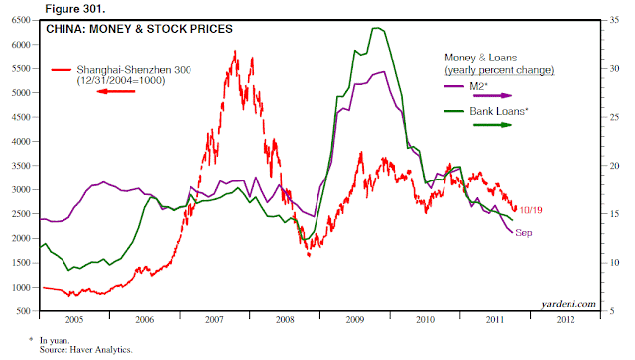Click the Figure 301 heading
(75, 9)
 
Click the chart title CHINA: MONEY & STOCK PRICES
(139, 29)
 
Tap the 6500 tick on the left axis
(21, 20)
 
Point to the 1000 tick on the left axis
(21, 288)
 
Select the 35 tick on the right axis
(614, 20)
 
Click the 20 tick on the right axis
(614, 166)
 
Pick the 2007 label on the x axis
(214, 320)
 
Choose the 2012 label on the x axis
(566, 320)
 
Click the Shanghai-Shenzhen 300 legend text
(134, 70)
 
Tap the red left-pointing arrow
(116, 91)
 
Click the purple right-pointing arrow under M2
(492, 96)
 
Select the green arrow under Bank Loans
(492, 125)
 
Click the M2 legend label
(478, 86)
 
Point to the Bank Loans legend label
(499, 111)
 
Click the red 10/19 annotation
(531, 210)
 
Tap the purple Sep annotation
(524, 233)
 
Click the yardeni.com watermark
(569, 304)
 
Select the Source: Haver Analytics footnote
(86, 350)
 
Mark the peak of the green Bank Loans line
(376, 28)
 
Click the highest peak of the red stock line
(235, 51)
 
